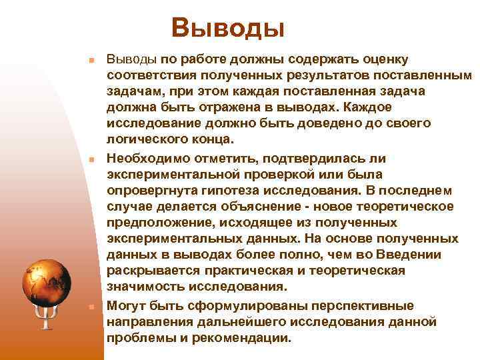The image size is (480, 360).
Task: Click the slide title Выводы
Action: point(227,27)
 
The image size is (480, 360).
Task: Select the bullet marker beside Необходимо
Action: point(90,160)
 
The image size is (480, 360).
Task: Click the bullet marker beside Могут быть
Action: point(90,307)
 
